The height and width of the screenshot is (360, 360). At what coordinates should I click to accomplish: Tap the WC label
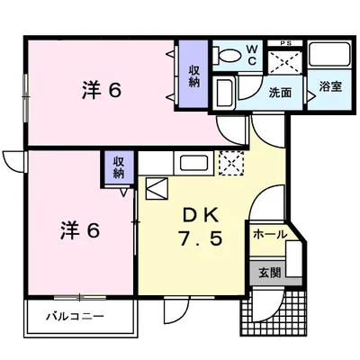[252, 55]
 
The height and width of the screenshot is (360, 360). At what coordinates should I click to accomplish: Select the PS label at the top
[285, 43]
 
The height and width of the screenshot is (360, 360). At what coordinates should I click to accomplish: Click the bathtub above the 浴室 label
[329, 54]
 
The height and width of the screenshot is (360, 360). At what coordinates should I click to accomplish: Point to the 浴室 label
[330, 86]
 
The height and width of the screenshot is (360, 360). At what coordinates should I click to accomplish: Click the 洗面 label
[280, 93]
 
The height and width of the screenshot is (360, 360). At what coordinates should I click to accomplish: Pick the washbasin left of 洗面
[225, 93]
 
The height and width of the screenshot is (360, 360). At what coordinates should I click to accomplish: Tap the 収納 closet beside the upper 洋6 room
[193, 76]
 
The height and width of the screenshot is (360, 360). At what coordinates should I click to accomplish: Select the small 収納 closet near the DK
[119, 168]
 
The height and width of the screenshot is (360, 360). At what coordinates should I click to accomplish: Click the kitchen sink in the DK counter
[193, 163]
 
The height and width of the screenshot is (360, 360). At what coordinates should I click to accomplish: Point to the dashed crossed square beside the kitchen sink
[231, 163]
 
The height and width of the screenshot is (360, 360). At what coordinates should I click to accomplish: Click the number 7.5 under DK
[201, 239]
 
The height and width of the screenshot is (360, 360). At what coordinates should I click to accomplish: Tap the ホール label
[269, 234]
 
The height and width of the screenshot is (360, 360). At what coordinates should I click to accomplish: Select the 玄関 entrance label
[270, 273]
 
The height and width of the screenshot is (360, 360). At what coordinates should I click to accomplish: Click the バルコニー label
[75, 316]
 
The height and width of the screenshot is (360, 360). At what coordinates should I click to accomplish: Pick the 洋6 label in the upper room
[102, 91]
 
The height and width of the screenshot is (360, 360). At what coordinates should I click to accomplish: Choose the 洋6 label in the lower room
[80, 230]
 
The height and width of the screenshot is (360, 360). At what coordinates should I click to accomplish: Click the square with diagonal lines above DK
[157, 188]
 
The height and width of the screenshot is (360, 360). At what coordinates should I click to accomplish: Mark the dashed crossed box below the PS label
[284, 62]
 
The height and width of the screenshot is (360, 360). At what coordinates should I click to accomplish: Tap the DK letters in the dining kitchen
[201, 214]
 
